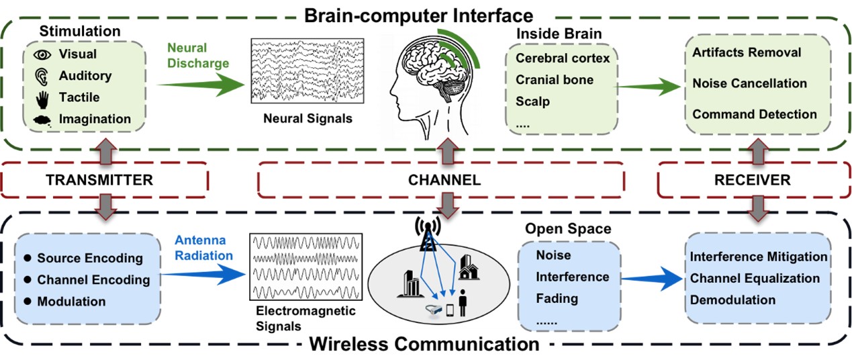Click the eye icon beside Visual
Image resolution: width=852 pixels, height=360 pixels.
42,54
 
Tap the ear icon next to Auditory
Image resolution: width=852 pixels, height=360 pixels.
42,76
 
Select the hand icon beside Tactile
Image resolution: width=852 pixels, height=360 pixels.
42,98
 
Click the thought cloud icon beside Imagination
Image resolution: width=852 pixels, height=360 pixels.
42,120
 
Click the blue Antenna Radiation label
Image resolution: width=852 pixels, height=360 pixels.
201,248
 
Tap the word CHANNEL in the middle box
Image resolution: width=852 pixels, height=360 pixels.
444,180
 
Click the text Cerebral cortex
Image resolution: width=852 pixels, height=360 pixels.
563,58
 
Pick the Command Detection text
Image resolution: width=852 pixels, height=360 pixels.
754,114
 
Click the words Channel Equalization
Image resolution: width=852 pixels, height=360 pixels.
755,278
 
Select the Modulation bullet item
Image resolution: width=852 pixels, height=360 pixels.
71,302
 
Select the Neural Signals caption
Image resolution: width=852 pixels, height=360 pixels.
308,119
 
